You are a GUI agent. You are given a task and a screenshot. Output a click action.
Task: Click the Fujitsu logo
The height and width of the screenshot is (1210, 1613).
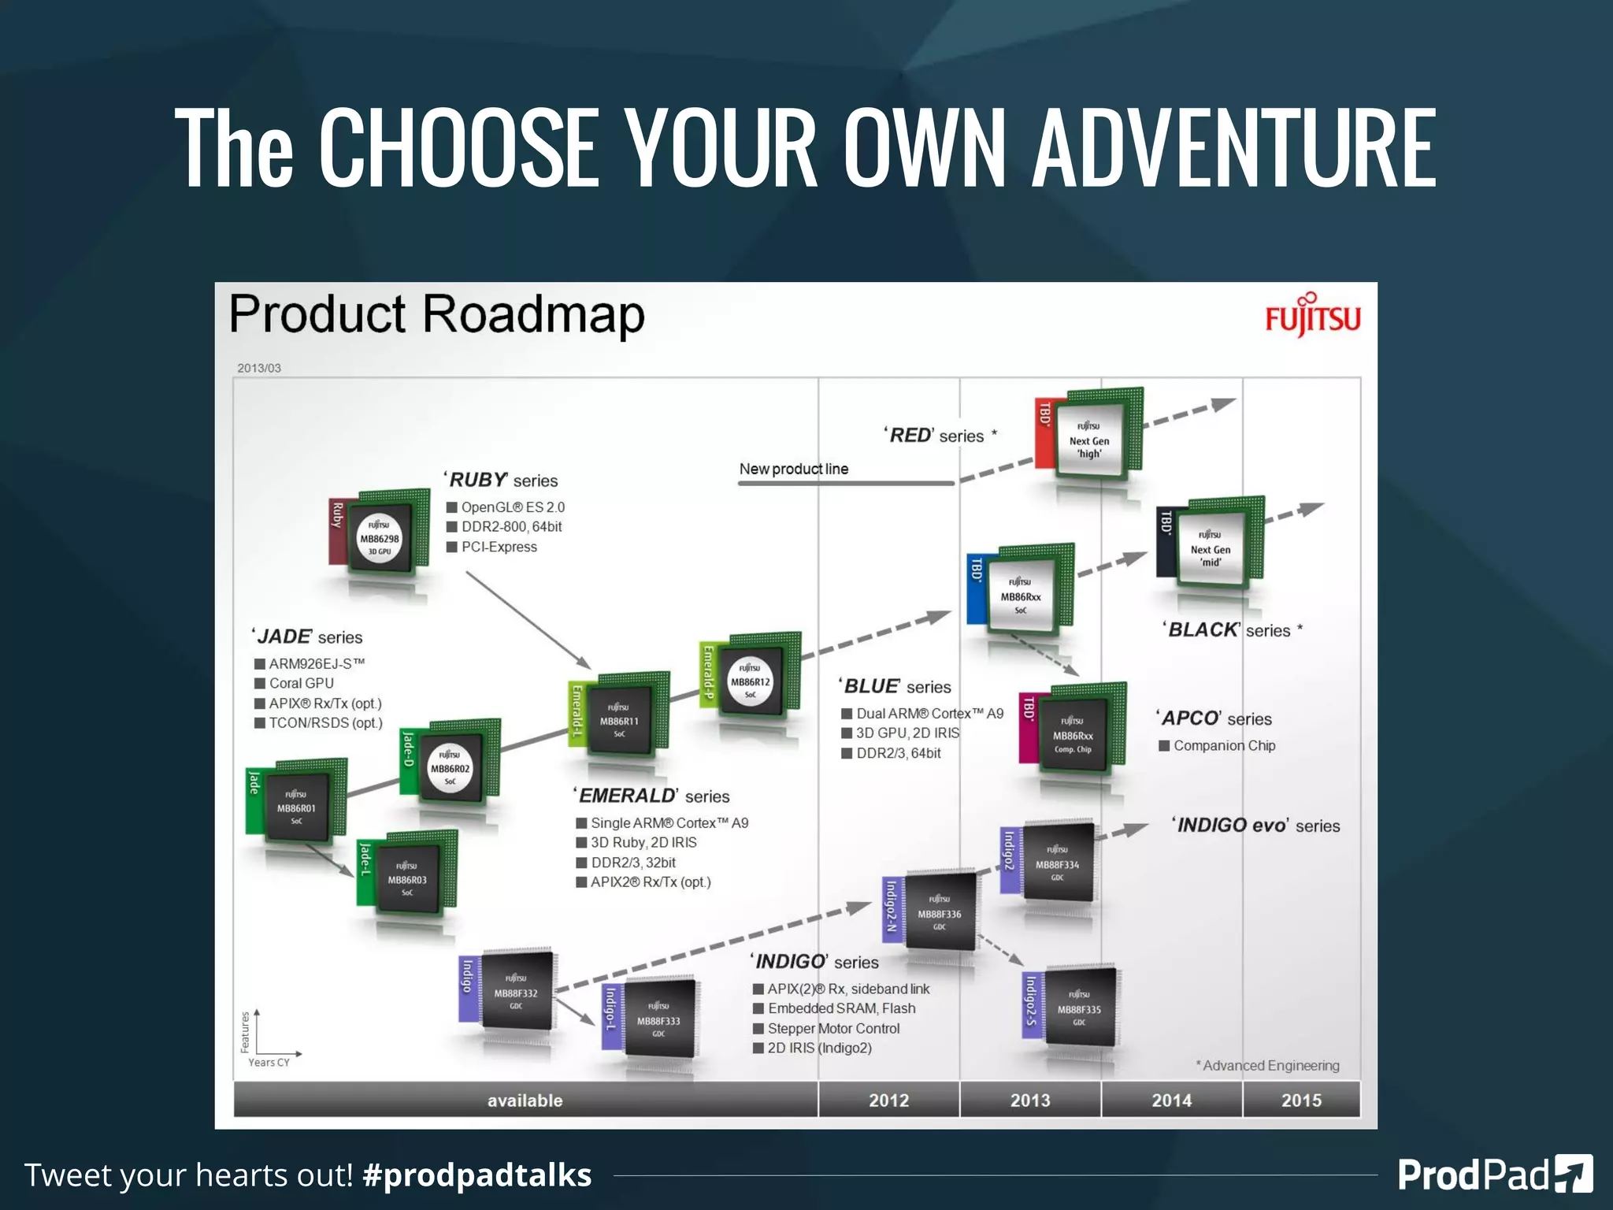[1312, 317]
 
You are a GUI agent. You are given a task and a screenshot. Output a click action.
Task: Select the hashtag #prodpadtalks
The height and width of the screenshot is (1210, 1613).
[476, 1175]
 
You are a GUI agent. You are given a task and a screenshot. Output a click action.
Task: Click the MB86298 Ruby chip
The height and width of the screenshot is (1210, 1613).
[380, 538]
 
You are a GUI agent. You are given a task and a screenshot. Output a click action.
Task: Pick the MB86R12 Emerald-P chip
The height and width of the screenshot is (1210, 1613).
[751, 681]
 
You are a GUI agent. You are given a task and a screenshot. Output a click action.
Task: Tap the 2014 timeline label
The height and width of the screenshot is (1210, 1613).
[1171, 1101]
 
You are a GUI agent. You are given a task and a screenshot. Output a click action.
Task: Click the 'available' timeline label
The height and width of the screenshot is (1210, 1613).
[525, 1101]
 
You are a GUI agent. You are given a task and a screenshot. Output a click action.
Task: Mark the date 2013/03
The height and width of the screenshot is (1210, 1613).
[259, 368]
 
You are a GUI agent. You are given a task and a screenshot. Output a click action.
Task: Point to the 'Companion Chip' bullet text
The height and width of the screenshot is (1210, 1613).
[1224, 745]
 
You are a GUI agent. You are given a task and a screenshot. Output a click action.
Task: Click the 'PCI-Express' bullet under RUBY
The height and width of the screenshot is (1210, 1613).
[499, 547]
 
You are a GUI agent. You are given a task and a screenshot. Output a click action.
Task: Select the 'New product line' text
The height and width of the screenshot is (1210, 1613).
[793, 469]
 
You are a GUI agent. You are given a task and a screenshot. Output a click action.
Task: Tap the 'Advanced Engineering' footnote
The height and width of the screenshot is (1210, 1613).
[1270, 1065]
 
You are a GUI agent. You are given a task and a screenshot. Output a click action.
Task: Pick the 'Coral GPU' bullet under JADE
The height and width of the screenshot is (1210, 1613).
[301, 683]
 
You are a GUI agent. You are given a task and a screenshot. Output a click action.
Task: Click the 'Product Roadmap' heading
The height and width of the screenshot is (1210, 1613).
[437, 314]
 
